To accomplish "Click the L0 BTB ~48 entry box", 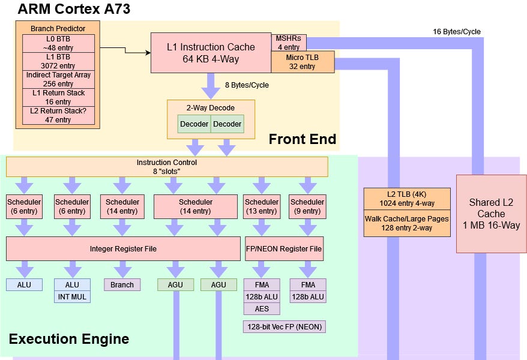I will (x=58, y=43).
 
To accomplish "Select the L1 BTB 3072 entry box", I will (x=58, y=61).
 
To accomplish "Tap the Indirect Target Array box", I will (x=58, y=79).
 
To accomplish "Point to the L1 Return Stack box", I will (x=58, y=97).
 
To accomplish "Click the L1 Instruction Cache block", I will (x=210, y=53).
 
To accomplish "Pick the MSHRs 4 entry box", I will (x=288, y=43).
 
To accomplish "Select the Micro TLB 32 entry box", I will (x=302, y=62).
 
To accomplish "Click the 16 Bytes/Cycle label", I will (x=456, y=32).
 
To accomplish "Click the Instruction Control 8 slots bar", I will (x=166, y=167).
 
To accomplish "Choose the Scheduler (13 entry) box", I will (x=262, y=206).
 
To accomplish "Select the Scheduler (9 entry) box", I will (x=307, y=206).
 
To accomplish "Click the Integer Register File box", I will (x=123, y=248).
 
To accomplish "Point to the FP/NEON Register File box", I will (x=285, y=248).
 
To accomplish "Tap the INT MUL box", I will (x=72, y=296).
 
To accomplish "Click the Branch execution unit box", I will (x=122, y=284).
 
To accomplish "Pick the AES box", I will (x=262, y=308).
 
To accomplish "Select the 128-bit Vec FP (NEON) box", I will (x=284, y=327).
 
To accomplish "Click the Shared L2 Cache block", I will (x=487, y=214).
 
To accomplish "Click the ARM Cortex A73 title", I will (x=74, y=9).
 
